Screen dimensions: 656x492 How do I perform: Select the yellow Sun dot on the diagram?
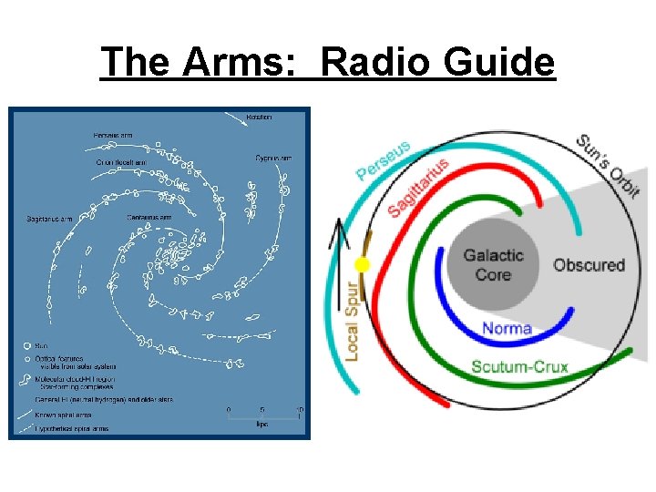[362, 265]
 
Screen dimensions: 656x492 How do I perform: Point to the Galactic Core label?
[493, 264]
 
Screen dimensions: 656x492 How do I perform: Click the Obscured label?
[589, 265]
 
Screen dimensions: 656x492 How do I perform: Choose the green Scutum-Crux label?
[519, 368]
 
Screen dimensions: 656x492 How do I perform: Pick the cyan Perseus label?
[384, 159]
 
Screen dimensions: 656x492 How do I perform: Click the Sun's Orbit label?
[608, 165]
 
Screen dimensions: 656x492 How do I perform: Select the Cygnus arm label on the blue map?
[273, 158]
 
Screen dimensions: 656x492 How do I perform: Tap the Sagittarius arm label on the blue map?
[50, 219]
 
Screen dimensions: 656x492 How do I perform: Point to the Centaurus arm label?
[149, 217]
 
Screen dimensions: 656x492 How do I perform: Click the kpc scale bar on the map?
[263, 418]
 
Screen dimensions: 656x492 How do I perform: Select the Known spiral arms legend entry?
[60, 415]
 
